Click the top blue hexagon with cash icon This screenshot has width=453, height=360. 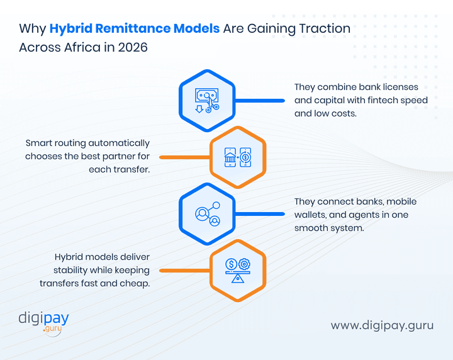point(207,100)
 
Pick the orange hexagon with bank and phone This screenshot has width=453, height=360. point(237,157)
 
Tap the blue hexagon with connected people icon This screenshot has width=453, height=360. point(207,214)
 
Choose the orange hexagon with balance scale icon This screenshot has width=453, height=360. point(237,270)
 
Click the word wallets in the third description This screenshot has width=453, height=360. point(308,215)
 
